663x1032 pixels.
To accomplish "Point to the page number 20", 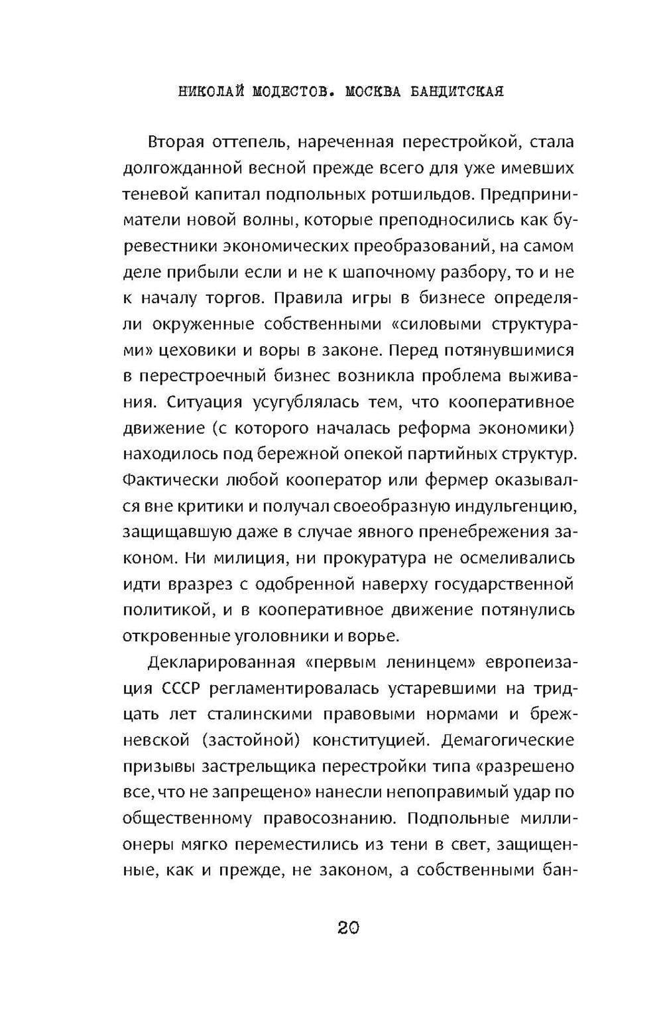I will [x=348, y=927].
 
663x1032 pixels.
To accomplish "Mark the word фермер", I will [x=459, y=480].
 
